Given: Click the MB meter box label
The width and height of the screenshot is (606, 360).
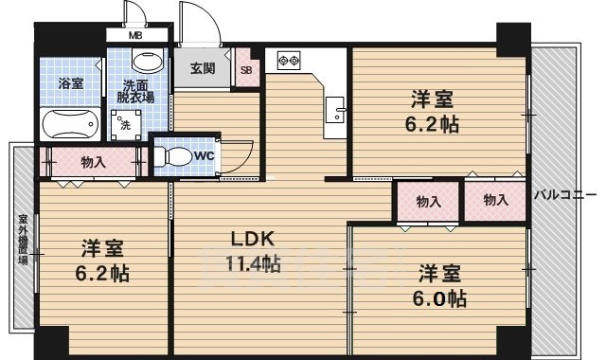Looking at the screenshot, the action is (x=135, y=36).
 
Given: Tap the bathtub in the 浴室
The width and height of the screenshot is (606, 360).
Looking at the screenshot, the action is (x=70, y=124).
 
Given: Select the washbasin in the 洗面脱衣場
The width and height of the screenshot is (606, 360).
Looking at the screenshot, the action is (x=148, y=61).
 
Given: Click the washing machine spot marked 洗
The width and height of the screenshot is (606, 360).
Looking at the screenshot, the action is (x=126, y=125).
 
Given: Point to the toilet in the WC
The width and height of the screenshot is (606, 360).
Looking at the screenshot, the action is (x=173, y=156).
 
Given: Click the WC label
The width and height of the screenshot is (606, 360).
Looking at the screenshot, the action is (x=204, y=155).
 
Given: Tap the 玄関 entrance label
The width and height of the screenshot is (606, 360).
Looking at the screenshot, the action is (x=203, y=68).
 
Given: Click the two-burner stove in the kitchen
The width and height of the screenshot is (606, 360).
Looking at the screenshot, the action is (x=289, y=61).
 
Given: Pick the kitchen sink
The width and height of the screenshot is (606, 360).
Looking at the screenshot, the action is (x=334, y=110).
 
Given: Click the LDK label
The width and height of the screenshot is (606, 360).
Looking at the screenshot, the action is (x=253, y=239).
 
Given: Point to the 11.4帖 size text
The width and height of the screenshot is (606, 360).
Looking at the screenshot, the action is (x=253, y=264).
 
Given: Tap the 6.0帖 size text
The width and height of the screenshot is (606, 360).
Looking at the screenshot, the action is (x=439, y=298).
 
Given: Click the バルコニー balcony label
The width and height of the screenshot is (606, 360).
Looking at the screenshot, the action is (x=565, y=195).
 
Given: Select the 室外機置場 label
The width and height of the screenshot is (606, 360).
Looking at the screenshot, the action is (x=23, y=240).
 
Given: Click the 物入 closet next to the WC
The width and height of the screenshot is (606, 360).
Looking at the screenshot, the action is (x=94, y=162).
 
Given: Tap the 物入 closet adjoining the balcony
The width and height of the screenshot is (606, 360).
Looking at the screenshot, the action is (x=495, y=200).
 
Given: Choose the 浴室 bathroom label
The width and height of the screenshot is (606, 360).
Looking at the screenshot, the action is (x=71, y=83).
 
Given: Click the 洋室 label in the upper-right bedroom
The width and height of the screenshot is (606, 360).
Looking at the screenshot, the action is (x=432, y=99).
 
